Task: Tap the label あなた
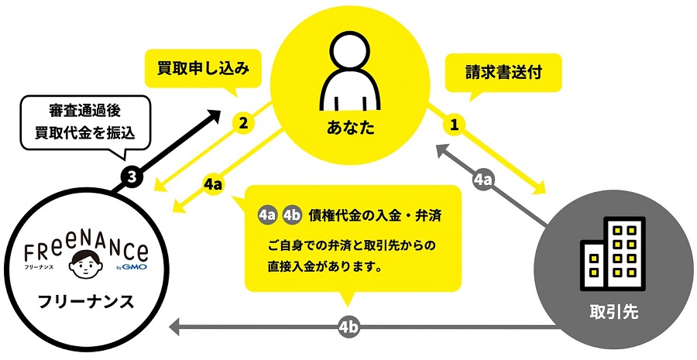coord(351,128)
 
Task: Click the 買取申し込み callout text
coord(203,68)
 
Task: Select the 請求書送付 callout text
coord(503,72)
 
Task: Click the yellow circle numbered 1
coord(454,125)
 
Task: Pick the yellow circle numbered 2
coord(242,123)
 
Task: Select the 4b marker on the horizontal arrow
coord(348,327)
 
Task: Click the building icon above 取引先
coord(613,253)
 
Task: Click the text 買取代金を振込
coord(85,133)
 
